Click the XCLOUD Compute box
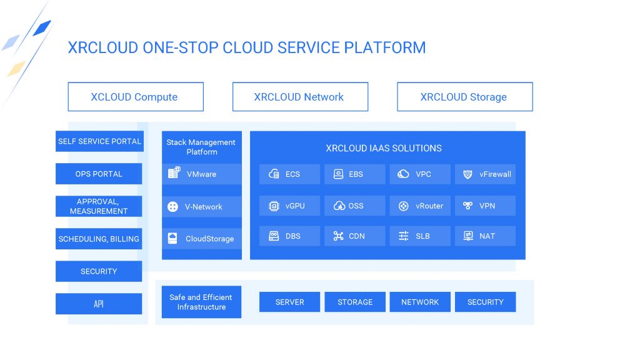click(136, 97)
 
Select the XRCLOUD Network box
click(300, 97)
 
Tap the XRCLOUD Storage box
click(465, 97)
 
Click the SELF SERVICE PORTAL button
click(99, 141)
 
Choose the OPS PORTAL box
click(99, 174)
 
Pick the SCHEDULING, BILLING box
click(99, 239)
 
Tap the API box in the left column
click(99, 304)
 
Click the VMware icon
click(174, 172)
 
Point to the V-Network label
click(204, 206)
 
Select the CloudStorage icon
click(172, 238)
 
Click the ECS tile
click(289, 174)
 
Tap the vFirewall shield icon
click(467, 174)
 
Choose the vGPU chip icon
click(274, 206)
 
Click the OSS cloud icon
click(339, 206)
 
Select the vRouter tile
click(420, 206)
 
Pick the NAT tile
click(485, 236)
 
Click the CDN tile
click(355, 236)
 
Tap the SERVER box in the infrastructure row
click(289, 302)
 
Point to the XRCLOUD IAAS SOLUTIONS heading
click(384, 148)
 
